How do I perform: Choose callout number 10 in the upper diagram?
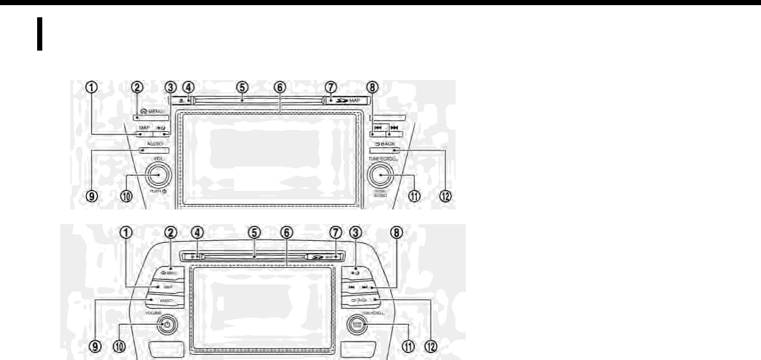click(x=126, y=197)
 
